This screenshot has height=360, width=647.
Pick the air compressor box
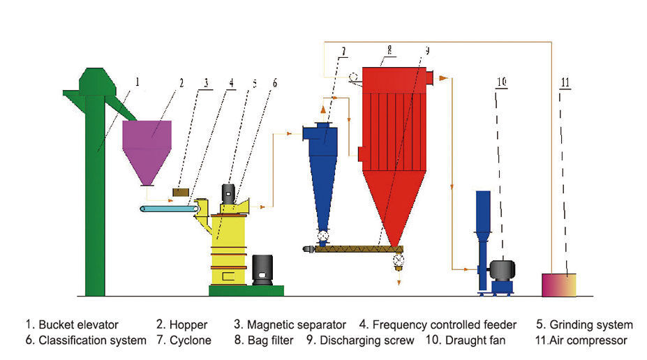559,285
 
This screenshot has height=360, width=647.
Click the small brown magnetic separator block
181,191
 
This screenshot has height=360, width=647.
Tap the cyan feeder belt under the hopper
168,209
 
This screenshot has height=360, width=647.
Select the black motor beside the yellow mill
262,269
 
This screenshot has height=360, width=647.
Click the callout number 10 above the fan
500,82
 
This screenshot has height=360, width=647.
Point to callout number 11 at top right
565,82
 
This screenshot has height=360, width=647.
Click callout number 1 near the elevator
137,82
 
